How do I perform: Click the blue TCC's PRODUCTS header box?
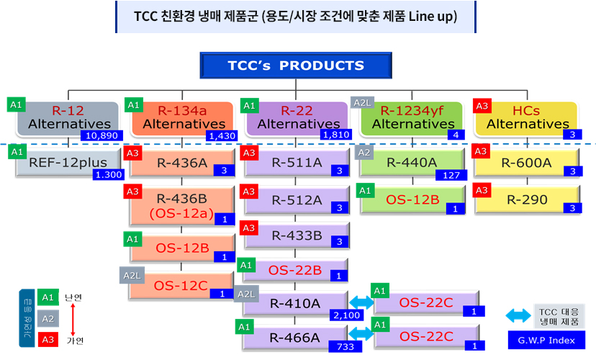point(296,66)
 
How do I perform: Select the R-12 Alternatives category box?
point(68,118)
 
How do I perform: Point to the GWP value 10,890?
point(101,135)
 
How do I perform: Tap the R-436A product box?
point(182,163)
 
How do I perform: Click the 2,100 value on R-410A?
point(347,315)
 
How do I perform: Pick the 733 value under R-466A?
point(345,347)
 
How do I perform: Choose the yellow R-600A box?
point(527,163)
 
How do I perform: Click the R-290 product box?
point(527,199)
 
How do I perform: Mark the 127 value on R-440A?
point(451,175)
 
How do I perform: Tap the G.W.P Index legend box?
point(546,341)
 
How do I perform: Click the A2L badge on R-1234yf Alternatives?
point(362,103)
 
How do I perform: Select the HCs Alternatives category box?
point(526,118)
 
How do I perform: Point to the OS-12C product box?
point(181,286)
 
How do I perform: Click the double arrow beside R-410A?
point(361,302)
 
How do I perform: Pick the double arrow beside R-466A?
point(361,334)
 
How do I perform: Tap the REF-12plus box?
point(68,163)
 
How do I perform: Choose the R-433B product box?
point(297,235)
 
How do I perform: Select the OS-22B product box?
point(295,270)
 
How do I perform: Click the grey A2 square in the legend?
point(48,318)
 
